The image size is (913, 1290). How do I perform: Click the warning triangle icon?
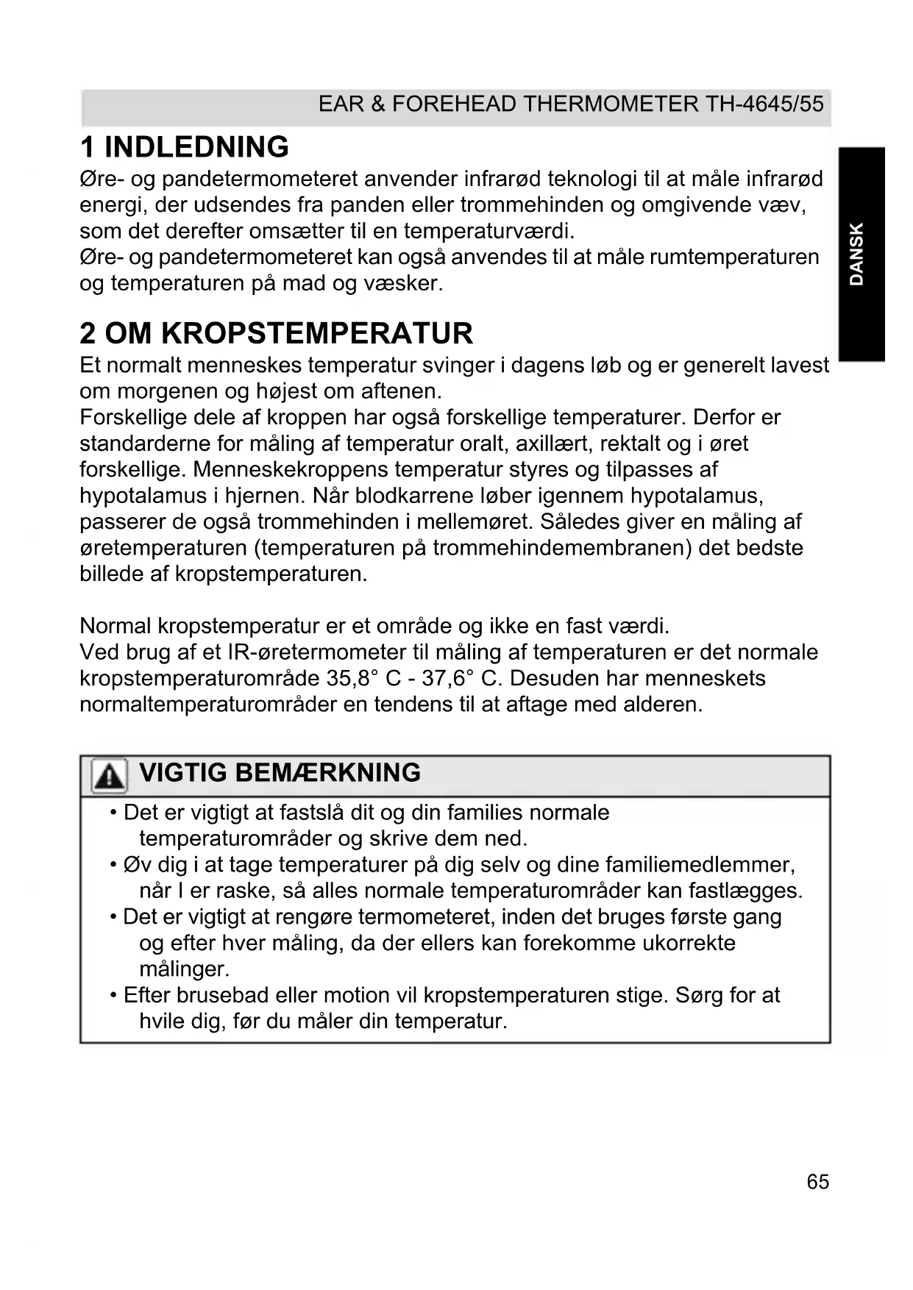(109, 776)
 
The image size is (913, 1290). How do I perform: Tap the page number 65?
(817, 1181)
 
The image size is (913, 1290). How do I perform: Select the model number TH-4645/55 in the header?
(765, 104)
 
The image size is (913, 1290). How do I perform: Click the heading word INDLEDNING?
(196, 147)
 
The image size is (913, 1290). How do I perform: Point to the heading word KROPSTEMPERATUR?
(316, 333)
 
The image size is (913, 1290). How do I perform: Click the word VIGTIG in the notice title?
(183, 773)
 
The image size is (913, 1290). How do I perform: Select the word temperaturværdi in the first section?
(488, 231)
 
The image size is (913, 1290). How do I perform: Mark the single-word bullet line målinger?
(184, 969)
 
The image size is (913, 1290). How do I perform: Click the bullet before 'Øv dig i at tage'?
(114, 864)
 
